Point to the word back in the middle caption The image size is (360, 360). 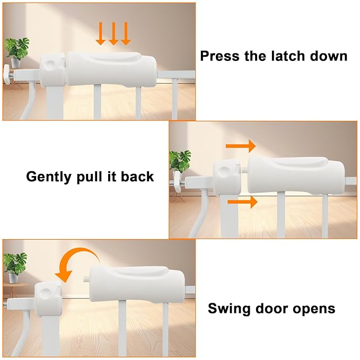pos(137,177)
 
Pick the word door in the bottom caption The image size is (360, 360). pos(271,308)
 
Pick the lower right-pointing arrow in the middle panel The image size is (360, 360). pos(242,201)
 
